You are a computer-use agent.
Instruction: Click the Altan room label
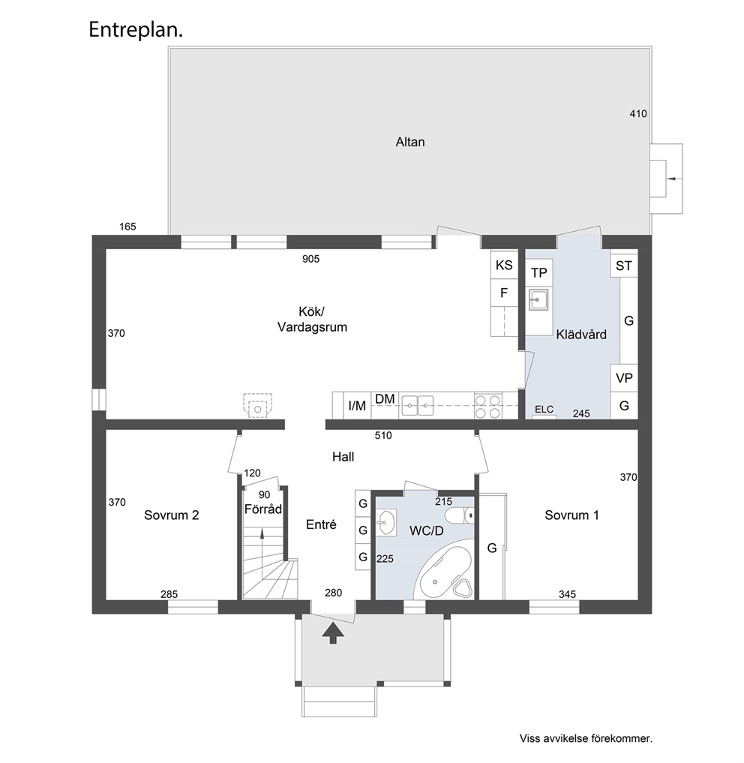point(409,142)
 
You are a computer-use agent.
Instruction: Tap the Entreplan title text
point(136,30)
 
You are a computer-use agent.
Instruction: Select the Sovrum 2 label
point(171,515)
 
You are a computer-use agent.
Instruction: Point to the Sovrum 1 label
point(571,515)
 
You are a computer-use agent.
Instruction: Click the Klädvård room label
point(581,335)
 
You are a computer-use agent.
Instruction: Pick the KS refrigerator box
point(504,264)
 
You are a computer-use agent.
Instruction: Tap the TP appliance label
point(538,273)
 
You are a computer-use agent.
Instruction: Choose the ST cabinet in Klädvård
point(624,265)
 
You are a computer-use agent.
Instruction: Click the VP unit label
point(624,378)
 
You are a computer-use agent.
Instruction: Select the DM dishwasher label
point(385,399)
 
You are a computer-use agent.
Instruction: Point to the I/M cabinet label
point(357,406)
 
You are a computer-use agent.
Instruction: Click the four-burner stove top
point(487,406)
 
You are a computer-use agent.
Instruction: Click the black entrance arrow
point(333,632)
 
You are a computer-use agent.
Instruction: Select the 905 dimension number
point(311,259)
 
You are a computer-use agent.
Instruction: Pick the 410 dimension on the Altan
point(638,114)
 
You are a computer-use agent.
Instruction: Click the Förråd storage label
point(262,509)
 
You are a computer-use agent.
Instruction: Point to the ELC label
point(544,409)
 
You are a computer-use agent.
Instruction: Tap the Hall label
point(343,457)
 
